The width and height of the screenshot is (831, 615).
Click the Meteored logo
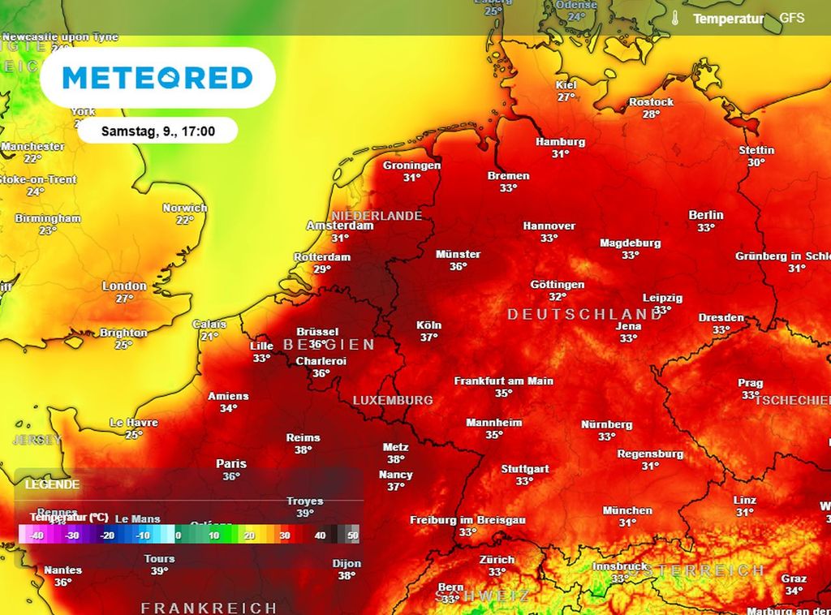click(x=157, y=78)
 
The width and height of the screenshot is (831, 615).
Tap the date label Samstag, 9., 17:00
click(x=158, y=131)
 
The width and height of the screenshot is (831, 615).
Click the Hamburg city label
click(x=560, y=142)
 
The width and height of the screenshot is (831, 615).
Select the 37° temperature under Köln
click(x=429, y=338)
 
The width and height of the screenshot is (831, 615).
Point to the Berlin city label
click(x=705, y=215)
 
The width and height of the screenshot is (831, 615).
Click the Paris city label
click(x=231, y=464)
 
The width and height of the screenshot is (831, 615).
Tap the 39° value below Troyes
click(x=305, y=514)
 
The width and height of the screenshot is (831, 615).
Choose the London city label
click(x=124, y=286)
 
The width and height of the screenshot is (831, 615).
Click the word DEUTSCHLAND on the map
click(x=585, y=314)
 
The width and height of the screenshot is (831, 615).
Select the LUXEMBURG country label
click(x=393, y=401)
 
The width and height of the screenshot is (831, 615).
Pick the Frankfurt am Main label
click(x=504, y=381)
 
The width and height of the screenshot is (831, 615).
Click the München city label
click(x=627, y=510)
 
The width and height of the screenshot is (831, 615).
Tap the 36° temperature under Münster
click(x=459, y=266)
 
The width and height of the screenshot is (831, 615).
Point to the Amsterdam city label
click(x=340, y=226)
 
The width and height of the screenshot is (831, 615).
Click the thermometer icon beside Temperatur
click(x=675, y=18)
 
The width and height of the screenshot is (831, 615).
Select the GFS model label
click(x=792, y=17)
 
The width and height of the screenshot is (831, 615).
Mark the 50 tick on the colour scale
click(x=353, y=535)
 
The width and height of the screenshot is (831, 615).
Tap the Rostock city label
click(x=651, y=102)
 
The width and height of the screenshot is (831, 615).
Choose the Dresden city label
click(x=721, y=318)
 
